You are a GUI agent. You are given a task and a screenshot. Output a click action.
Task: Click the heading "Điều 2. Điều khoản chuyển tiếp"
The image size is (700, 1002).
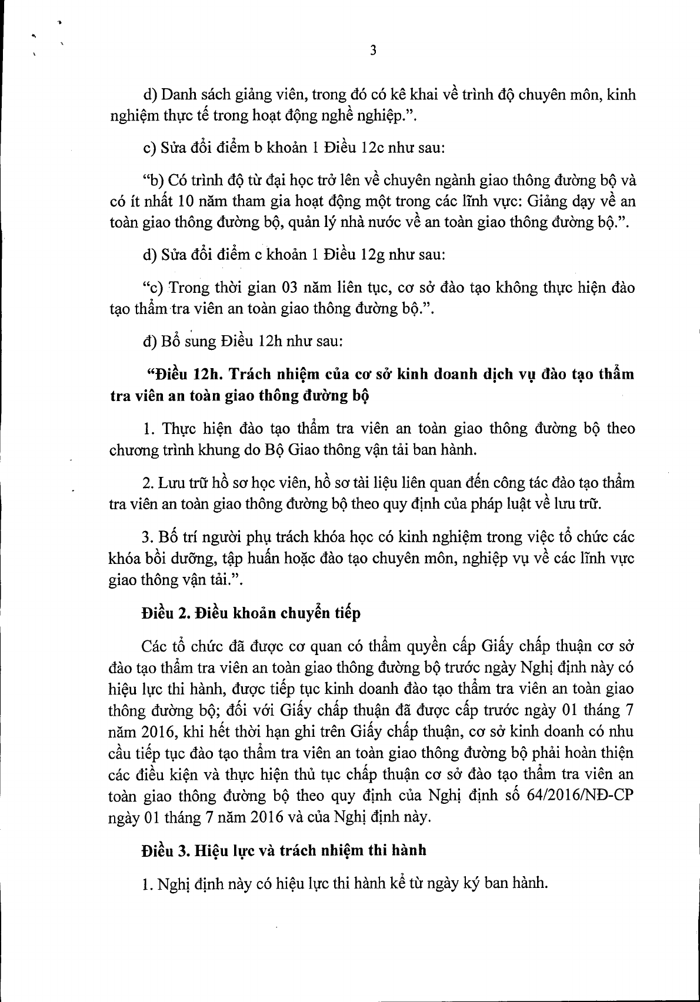pyautogui.click(x=251, y=613)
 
